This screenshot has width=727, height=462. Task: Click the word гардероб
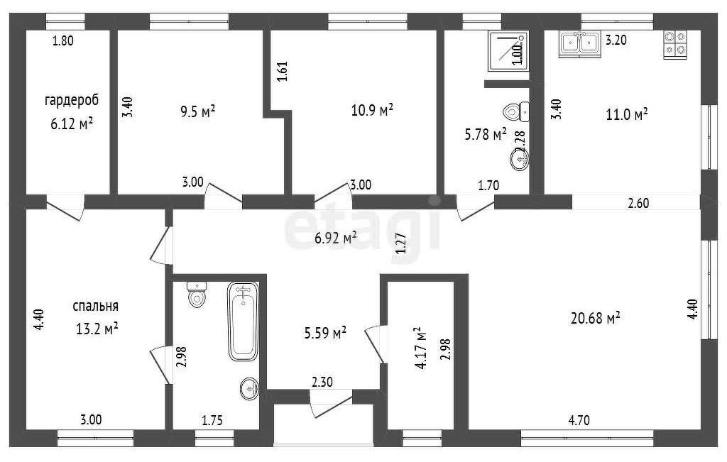click(x=72, y=101)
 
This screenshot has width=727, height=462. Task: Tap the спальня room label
click(x=96, y=307)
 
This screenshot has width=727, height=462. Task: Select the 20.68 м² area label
click(x=596, y=317)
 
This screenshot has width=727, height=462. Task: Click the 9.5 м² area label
click(x=197, y=111)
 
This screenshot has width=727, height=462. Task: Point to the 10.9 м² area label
click(x=372, y=110)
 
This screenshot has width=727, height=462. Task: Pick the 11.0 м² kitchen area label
click(x=627, y=114)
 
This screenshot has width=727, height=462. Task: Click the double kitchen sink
click(x=579, y=43)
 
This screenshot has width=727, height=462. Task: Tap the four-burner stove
click(x=675, y=44)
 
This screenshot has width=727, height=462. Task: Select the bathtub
click(x=243, y=321)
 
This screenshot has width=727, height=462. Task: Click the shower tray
click(x=508, y=50)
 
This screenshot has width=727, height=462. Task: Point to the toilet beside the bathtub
click(x=197, y=295)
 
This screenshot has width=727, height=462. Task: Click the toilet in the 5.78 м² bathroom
click(x=516, y=111)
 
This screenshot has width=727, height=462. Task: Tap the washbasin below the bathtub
click(x=249, y=388)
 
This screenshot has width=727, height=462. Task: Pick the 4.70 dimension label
click(x=579, y=420)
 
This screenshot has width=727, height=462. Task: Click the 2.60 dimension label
click(x=638, y=203)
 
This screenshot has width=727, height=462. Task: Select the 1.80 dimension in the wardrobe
click(x=63, y=40)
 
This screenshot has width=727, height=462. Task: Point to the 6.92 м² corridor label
click(x=336, y=238)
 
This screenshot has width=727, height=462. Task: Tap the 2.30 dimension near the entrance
click(x=322, y=382)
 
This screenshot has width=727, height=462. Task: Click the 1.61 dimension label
click(x=283, y=72)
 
